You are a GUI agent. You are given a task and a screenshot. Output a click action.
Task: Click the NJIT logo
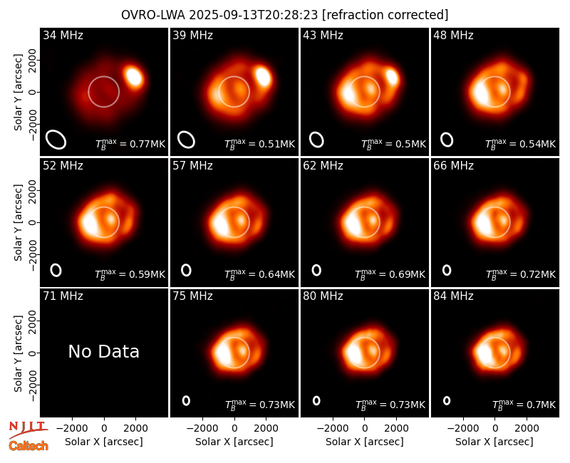point(28,430)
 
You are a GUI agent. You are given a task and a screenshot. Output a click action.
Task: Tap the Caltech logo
point(28,446)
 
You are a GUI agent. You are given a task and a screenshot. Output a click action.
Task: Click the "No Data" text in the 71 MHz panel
point(103,351)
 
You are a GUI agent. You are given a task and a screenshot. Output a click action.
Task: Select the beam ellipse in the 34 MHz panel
point(56,140)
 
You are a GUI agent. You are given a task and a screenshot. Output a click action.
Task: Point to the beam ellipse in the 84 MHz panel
point(447,400)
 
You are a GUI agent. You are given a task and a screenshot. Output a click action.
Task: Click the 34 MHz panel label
point(63,35)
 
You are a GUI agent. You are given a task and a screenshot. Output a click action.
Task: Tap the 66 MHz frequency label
point(453,166)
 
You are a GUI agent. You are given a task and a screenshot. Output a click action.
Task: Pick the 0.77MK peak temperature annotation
point(130,144)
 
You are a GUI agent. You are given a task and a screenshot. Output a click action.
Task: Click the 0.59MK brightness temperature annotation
point(130,274)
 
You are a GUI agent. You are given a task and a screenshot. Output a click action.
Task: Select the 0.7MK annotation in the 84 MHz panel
point(524,405)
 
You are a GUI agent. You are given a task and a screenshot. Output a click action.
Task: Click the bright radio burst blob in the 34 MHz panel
point(134,77)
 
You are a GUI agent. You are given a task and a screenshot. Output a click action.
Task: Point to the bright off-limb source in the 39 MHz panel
point(263,77)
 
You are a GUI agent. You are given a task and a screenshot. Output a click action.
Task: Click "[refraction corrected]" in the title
point(385,15)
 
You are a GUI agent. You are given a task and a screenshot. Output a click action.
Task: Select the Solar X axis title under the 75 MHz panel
point(234,442)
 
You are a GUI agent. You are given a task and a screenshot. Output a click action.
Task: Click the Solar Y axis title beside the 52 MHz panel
point(19,222)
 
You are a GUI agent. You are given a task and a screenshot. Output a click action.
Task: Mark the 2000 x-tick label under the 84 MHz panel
point(527,428)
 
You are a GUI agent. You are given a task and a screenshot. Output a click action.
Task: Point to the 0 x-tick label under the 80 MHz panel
point(365,428)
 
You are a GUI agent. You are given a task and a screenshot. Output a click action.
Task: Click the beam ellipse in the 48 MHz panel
point(447,140)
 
